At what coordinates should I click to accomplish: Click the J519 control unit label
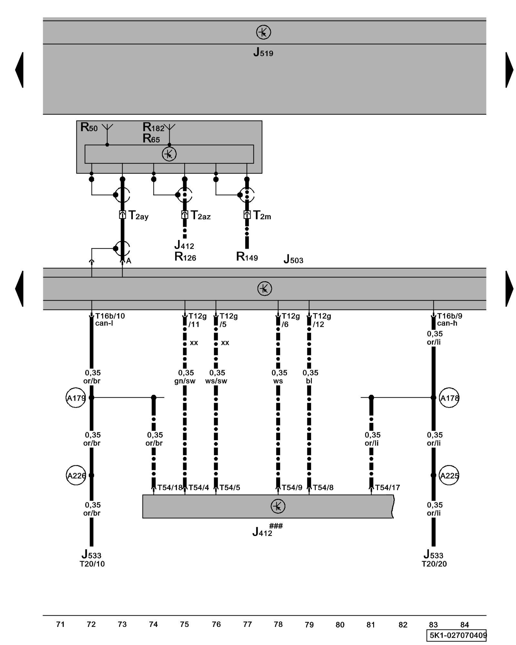(x=263, y=52)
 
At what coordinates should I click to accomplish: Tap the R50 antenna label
(x=89, y=127)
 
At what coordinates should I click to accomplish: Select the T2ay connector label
(x=138, y=215)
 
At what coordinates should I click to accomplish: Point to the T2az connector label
(x=200, y=215)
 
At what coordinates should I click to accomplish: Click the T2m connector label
(x=262, y=215)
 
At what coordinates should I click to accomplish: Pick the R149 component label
(x=247, y=257)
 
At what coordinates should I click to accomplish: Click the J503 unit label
(x=293, y=259)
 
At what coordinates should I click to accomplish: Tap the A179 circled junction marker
(x=76, y=398)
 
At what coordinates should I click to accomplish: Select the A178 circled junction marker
(x=449, y=398)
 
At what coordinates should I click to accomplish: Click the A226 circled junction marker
(x=76, y=475)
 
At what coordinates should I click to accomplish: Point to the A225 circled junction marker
(x=449, y=475)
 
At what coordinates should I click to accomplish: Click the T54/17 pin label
(x=387, y=488)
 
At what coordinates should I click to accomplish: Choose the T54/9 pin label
(x=292, y=488)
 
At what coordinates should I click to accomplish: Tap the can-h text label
(x=447, y=323)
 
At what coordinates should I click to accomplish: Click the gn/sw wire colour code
(x=185, y=381)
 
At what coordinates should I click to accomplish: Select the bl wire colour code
(x=309, y=381)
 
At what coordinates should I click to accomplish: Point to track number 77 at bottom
(x=247, y=624)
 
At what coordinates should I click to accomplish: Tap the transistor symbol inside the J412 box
(x=278, y=506)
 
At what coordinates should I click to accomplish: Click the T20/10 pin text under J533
(x=92, y=564)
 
